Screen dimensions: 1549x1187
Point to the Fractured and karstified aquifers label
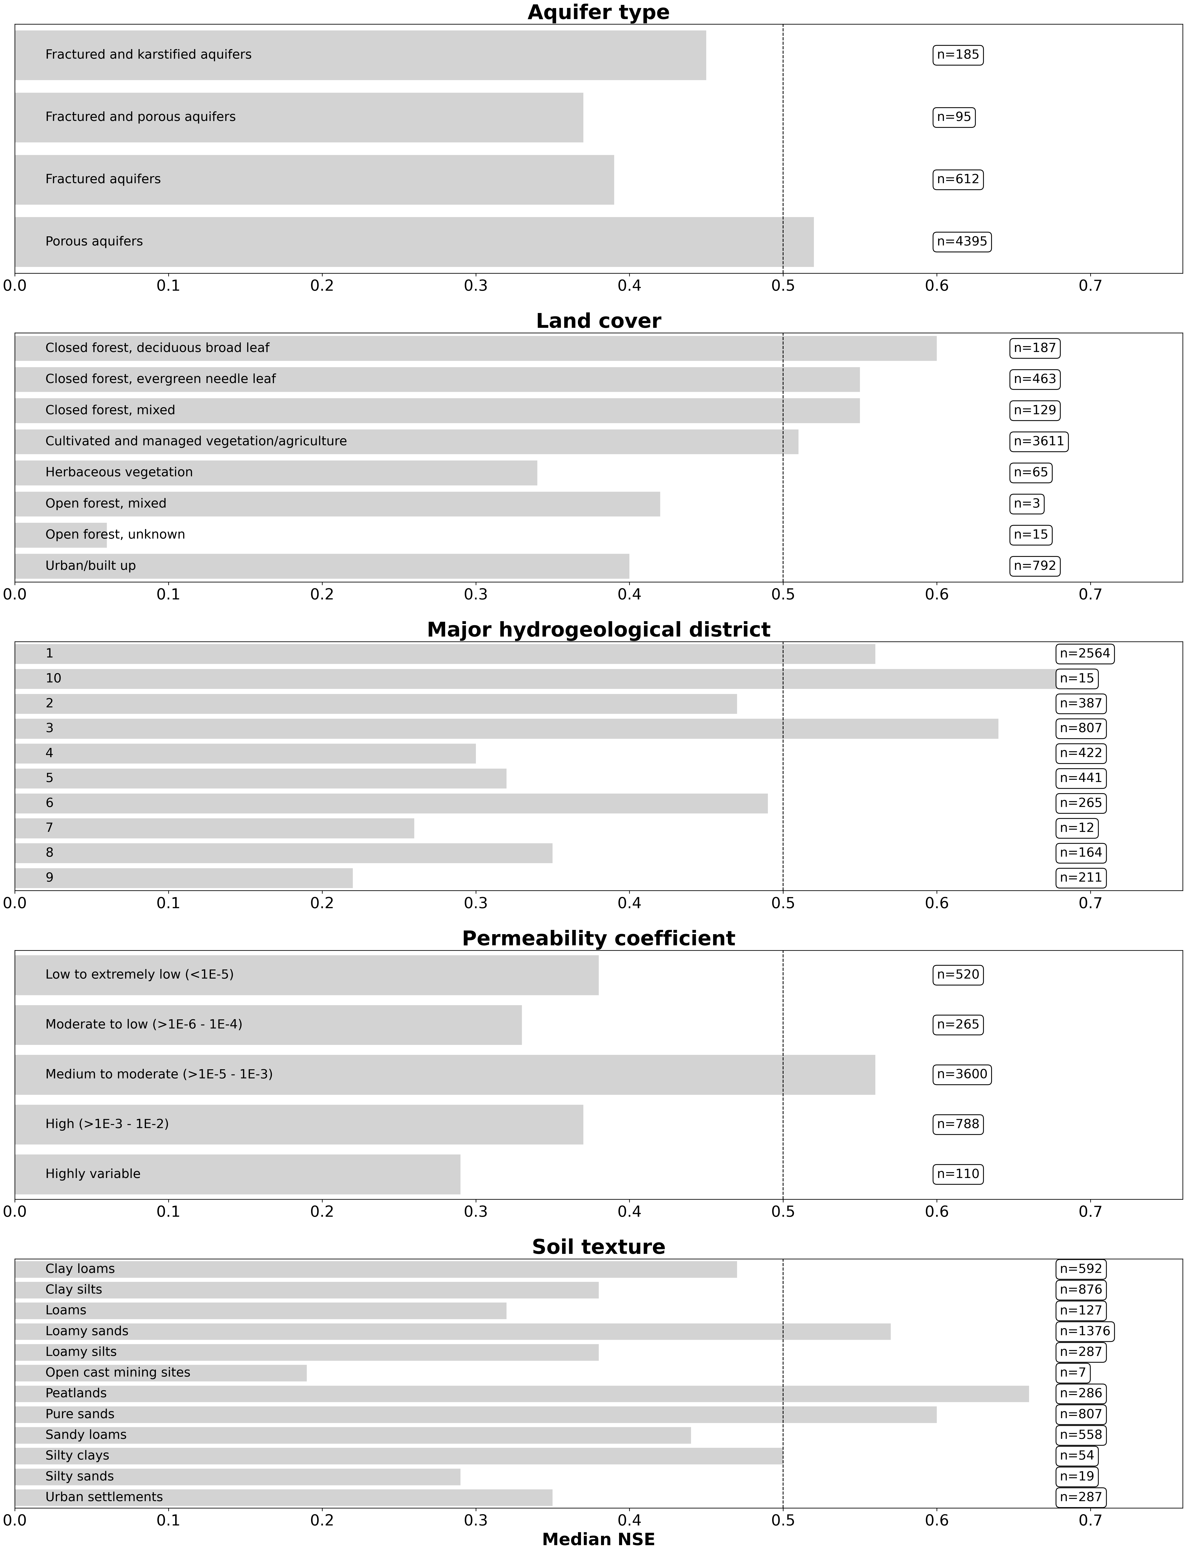coord(148,54)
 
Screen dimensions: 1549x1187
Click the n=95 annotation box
coord(954,117)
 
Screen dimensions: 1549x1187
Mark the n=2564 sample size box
coord(1085,654)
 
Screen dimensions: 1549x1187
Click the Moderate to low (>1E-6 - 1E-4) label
coord(143,1025)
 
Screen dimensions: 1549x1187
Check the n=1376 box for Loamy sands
coord(1085,1331)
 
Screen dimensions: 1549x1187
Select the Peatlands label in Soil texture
coord(76,1394)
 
